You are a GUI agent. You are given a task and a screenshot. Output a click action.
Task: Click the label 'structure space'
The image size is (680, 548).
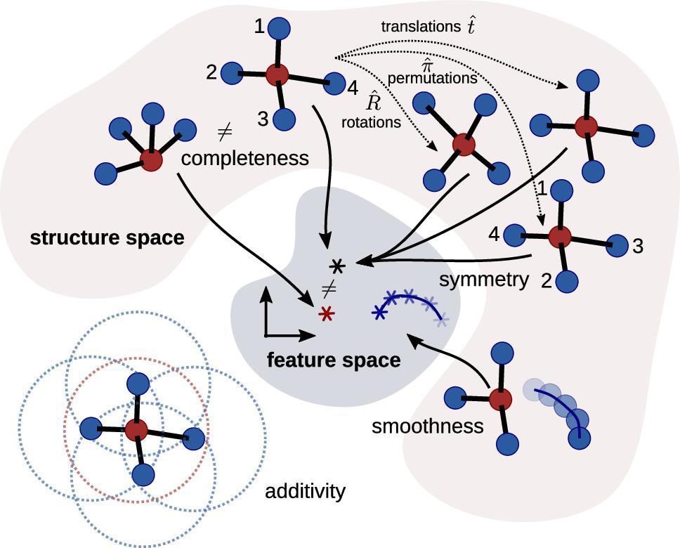[x=107, y=238]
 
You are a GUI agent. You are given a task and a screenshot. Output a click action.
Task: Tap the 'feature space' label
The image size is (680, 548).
[x=334, y=360]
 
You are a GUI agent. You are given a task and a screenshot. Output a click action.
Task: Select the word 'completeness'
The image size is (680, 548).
[x=244, y=158]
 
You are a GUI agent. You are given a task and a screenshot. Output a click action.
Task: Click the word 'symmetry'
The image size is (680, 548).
[x=484, y=280]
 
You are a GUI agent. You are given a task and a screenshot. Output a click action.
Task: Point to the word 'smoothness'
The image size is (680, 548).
[x=428, y=426]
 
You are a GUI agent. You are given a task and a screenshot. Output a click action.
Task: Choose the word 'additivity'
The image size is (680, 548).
[x=305, y=490]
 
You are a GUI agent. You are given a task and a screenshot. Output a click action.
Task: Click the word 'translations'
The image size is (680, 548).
[x=420, y=27]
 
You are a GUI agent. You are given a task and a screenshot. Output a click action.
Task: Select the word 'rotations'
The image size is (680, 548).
[x=372, y=122]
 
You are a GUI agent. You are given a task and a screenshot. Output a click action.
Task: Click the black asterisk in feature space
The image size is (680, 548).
[x=338, y=266]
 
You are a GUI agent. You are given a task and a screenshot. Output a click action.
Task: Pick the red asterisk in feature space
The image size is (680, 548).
[x=325, y=313]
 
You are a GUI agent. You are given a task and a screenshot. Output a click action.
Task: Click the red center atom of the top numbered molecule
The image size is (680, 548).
[x=277, y=74]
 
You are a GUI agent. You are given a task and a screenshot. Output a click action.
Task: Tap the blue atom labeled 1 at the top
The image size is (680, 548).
[x=281, y=28]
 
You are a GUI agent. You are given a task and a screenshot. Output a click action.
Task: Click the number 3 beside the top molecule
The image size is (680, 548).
[x=263, y=119]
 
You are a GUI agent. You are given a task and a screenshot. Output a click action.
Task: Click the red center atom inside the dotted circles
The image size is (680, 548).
[x=136, y=430]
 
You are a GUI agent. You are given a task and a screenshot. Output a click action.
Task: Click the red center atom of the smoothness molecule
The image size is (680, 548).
[x=499, y=399]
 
